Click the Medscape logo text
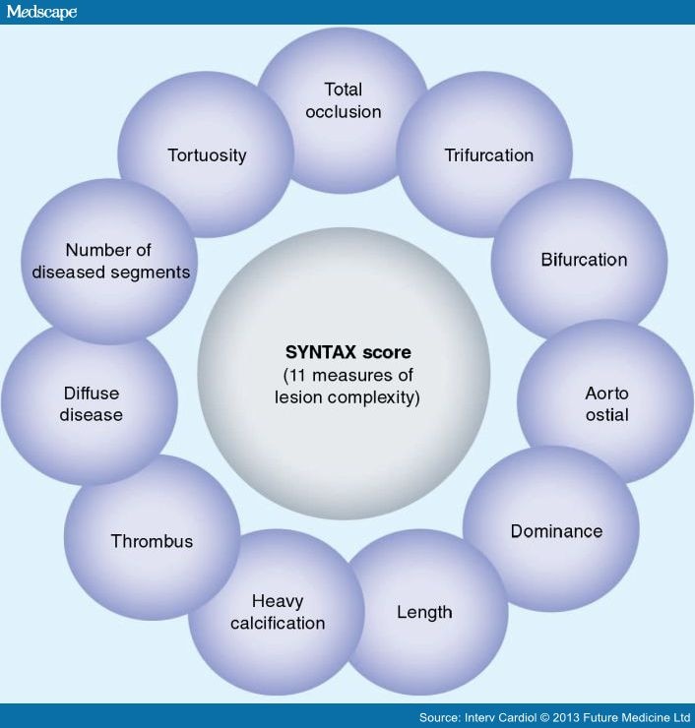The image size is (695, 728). (x=40, y=12)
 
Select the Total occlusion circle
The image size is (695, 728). (x=343, y=100)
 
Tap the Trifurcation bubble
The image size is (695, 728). (x=488, y=154)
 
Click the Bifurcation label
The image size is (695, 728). (x=584, y=260)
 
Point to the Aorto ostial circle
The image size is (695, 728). (x=606, y=403)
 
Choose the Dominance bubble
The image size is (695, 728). (x=556, y=531)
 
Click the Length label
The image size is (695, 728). (x=424, y=612)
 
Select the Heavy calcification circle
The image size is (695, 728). (x=277, y=611)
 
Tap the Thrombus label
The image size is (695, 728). (x=152, y=541)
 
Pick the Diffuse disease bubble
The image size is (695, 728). (x=91, y=403)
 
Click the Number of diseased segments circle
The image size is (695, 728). (x=109, y=261)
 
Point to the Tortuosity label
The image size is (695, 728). (x=207, y=154)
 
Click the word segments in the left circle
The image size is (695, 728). (x=151, y=272)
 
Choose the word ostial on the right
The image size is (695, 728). (x=606, y=414)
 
